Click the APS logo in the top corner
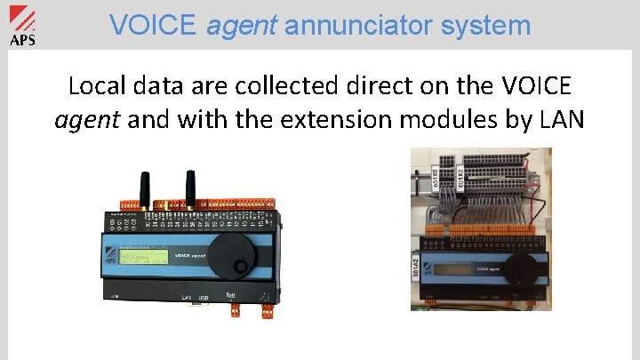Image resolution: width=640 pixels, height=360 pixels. click(x=22, y=27)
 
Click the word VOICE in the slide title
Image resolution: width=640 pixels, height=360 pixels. click(x=155, y=25)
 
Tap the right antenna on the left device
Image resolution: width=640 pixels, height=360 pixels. click(x=189, y=188)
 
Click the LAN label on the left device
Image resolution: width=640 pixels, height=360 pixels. click(x=187, y=297)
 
